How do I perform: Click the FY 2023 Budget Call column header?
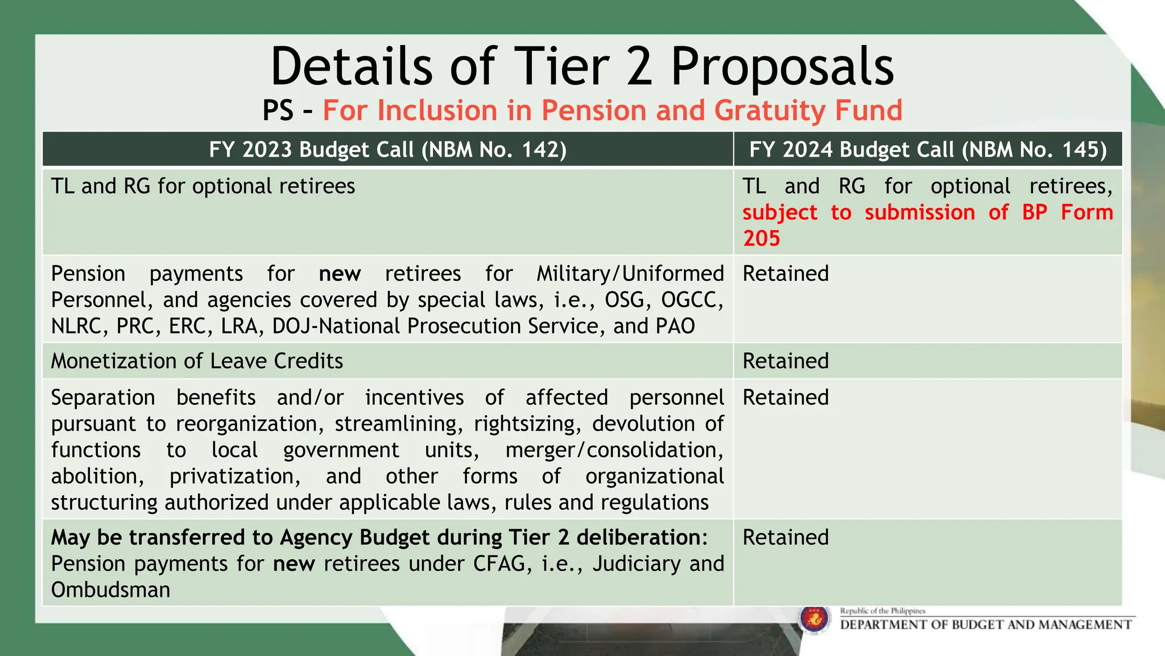click(x=387, y=149)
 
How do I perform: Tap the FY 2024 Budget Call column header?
click(x=928, y=149)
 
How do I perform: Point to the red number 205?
click(x=761, y=238)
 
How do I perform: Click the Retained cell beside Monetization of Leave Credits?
click(x=786, y=361)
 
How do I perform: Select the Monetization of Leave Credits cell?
click(x=197, y=361)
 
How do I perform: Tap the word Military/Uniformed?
click(x=630, y=273)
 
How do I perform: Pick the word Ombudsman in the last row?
click(x=110, y=590)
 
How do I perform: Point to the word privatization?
click(x=234, y=476)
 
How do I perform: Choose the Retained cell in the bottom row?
click(x=786, y=538)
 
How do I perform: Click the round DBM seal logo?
click(x=814, y=620)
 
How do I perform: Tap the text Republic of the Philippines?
click(x=883, y=611)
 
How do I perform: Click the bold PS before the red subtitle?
click(x=278, y=110)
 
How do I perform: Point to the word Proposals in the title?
click(x=782, y=67)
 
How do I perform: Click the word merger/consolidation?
click(x=614, y=450)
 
